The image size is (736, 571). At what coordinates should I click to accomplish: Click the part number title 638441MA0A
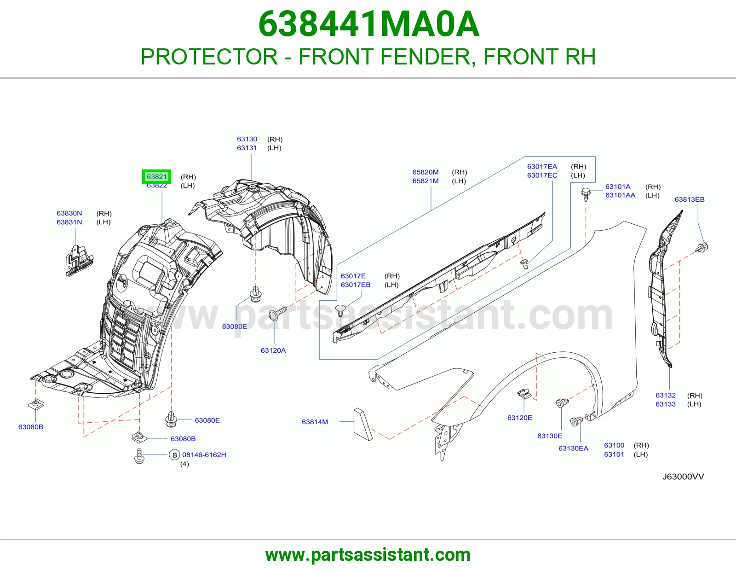click(x=368, y=24)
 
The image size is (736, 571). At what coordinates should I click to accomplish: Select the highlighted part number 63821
click(x=156, y=177)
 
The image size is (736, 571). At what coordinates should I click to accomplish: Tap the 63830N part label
click(x=69, y=213)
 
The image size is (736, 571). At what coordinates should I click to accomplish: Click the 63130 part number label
click(x=247, y=139)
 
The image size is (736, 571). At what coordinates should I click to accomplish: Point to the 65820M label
click(x=425, y=172)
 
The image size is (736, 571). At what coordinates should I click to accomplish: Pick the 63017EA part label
click(x=542, y=167)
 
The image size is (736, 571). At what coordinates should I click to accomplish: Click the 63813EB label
click(x=690, y=199)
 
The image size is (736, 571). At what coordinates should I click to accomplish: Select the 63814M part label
click(x=315, y=422)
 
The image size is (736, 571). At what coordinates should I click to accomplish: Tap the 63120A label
click(x=273, y=350)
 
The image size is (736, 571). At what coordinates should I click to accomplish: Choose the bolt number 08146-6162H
click(x=204, y=454)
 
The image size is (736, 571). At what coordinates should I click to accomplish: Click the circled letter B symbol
click(x=174, y=454)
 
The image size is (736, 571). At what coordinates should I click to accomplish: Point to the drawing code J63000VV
click(x=683, y=477)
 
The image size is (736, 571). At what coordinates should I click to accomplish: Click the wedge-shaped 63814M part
click(x=362, y=424)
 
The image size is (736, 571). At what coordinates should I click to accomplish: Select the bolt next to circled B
click(x=139, y=456)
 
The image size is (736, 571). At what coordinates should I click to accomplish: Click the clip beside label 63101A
click(x=586, y=194)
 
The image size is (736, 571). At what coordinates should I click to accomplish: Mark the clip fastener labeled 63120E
click(x=524, y=394)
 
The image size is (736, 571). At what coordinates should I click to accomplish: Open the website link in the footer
click(x=368, y=555)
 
